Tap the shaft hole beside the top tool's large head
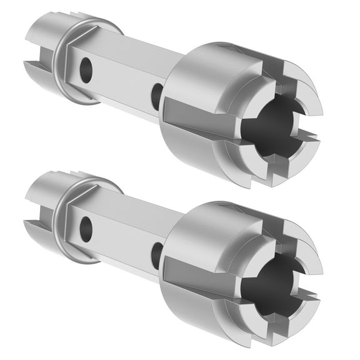[156, 96]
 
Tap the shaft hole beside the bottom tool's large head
[156, 255]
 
